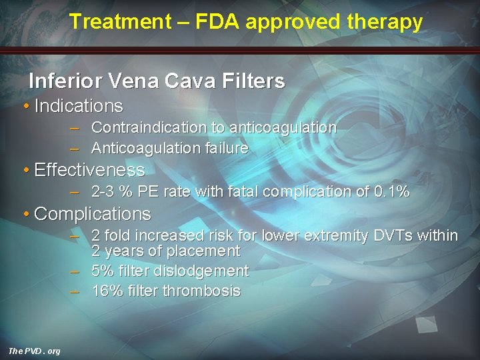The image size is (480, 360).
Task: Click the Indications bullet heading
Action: coord(78,106)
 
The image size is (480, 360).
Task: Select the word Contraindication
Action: coord(149,127)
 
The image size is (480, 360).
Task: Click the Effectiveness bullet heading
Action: coord(89,170)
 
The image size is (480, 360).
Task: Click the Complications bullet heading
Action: coord(92,214)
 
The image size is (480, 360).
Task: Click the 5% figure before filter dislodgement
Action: coord(102,271)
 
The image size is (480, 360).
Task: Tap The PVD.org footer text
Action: coord(33,351)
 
